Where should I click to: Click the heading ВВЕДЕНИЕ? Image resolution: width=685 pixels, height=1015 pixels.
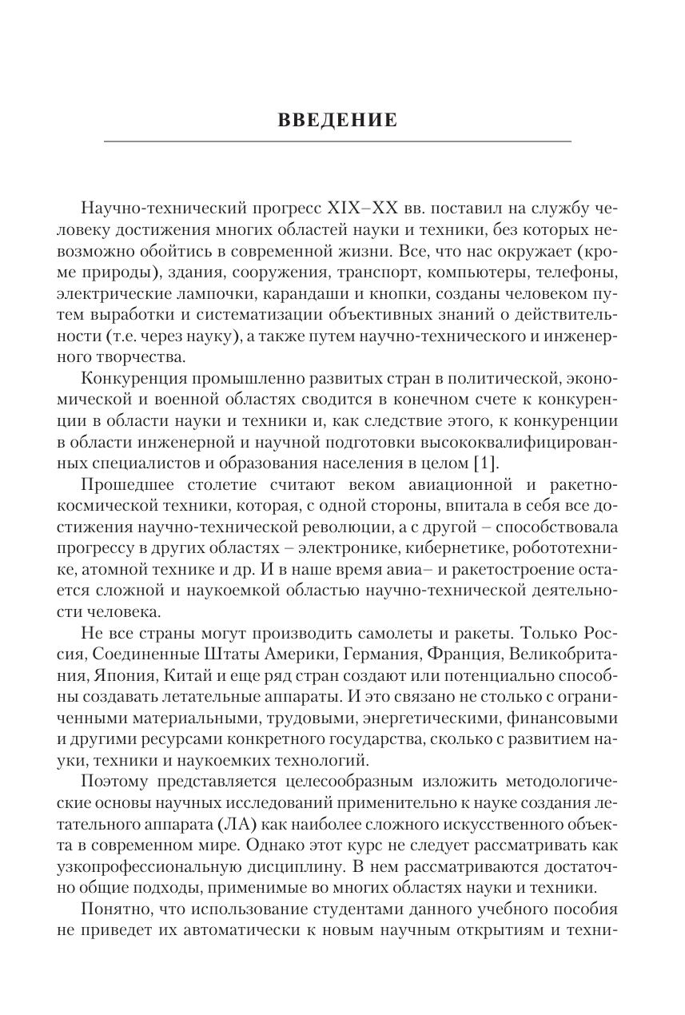pos(337,121)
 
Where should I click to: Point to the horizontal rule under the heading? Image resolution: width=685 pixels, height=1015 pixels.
pos(337,141)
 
